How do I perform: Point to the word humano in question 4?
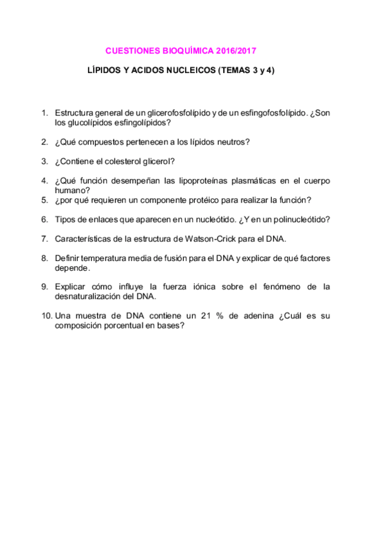pyautogui.click(x=70, y=190)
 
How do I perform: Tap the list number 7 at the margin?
pyautogui.click(x=44, y=239)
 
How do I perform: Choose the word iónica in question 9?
pyautogui.click(x=193, y=287)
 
